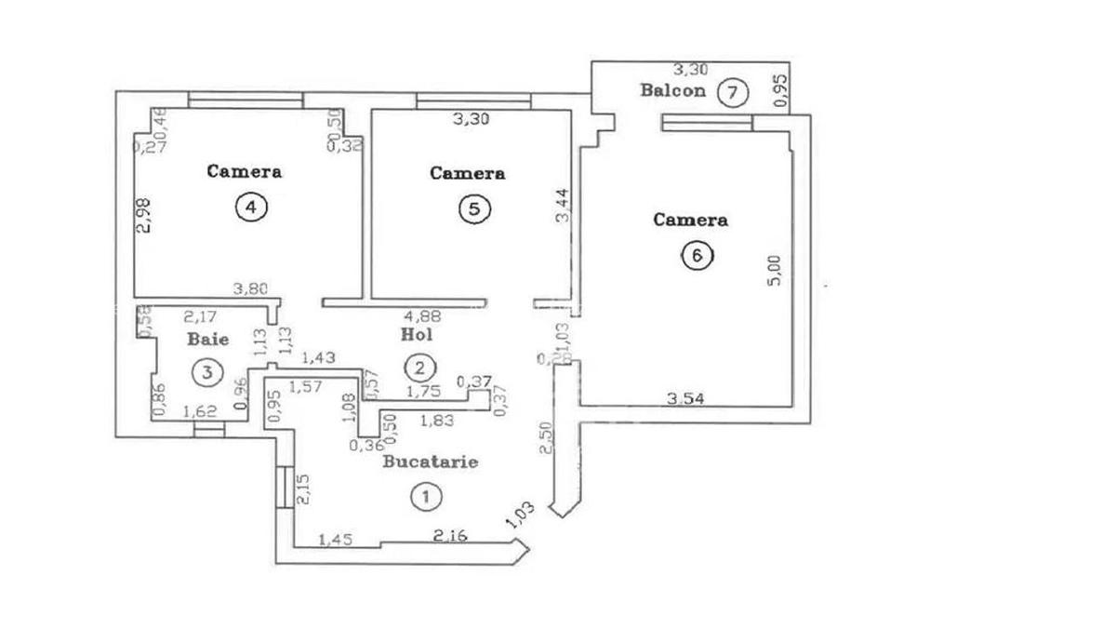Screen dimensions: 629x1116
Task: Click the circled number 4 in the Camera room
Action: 249,207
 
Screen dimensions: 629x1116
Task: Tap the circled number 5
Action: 473,209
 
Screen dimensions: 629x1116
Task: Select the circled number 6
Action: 695,255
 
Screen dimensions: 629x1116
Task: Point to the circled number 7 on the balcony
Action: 734,92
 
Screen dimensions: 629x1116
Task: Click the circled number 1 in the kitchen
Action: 424,497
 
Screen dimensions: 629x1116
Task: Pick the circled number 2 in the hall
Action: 420,366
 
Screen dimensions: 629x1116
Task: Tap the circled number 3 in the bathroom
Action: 207,372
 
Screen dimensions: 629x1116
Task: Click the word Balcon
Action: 671,91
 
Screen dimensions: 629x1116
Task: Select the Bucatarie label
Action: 431,462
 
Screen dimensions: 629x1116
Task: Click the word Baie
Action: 207,340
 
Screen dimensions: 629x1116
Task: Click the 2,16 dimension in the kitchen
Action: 451,537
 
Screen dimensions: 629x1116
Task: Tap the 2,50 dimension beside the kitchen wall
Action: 548,438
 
